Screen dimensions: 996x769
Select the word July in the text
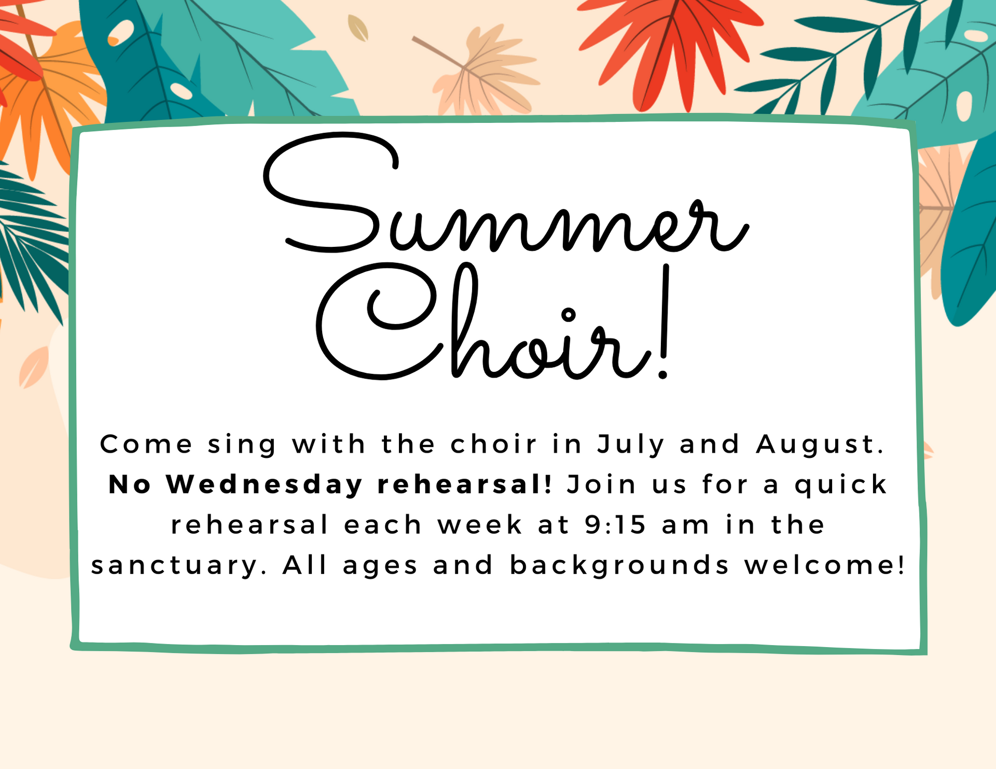[x=631, y=445]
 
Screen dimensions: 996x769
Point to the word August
[x=821, y=445]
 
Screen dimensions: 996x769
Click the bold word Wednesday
[x=264, y=485]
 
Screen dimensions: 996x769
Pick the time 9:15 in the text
[x=616, y=525]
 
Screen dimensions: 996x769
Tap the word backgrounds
[x=620, y=565]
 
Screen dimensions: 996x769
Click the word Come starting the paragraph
[x=146, y=444]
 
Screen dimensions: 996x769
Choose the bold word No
[x=130, y=485]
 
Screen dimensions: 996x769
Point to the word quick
[x=841, y=485]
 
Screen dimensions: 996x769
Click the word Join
[x=601, y=485]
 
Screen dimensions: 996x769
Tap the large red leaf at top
[x=672, y=49]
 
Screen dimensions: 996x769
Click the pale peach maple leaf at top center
[x=480, y=73]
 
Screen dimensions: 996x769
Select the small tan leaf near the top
[x=358, y=28]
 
